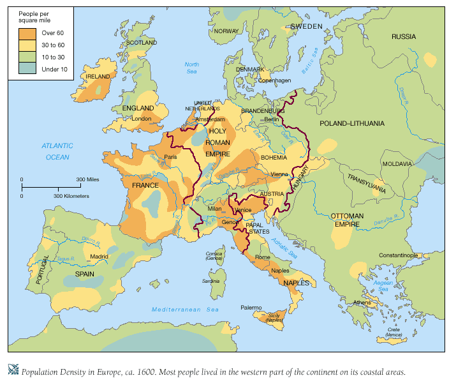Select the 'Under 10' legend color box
(x=27, y=70)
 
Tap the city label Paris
(x=170, y=156)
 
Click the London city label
(x=141, y=119)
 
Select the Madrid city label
(x=99, y=257)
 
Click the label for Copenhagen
(x=274, y=80)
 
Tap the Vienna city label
(x=279, y=174)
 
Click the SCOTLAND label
(x=142, y=43)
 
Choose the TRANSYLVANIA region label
(x=366, y=183)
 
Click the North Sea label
(x=191, y=68)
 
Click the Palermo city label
(x=251, y=308)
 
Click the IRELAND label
(x=98, y=76)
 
